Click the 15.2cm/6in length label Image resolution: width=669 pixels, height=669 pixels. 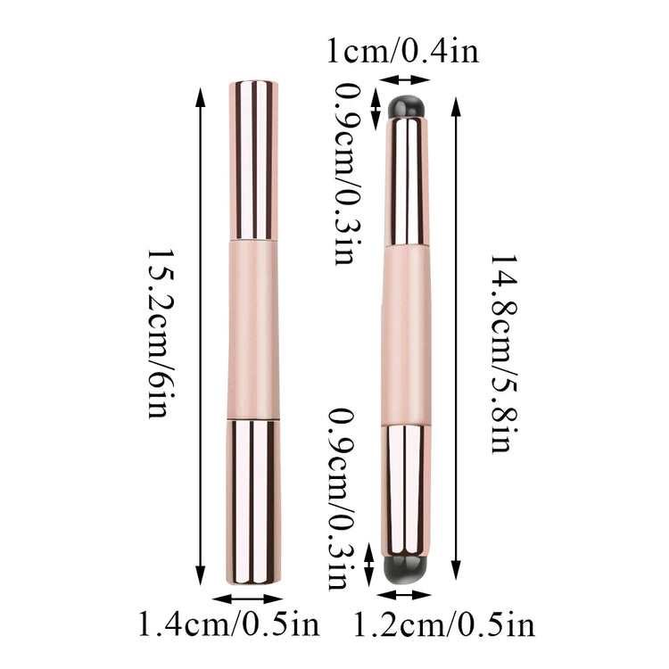[x=161, y=334]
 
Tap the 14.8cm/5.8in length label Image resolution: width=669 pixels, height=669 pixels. [x=504, y=353]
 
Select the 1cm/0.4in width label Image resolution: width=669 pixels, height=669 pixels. [x=403, y=51]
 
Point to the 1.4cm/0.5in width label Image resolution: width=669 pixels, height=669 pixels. [x=229, y=624]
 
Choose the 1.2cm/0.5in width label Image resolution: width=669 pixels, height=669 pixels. [x=444, y=624]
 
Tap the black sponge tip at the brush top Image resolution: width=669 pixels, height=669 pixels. [x=407, y=107]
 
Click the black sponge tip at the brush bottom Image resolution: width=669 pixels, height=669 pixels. [x=405, y=570]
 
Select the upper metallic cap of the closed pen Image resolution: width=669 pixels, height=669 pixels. [x=253, y=160]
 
